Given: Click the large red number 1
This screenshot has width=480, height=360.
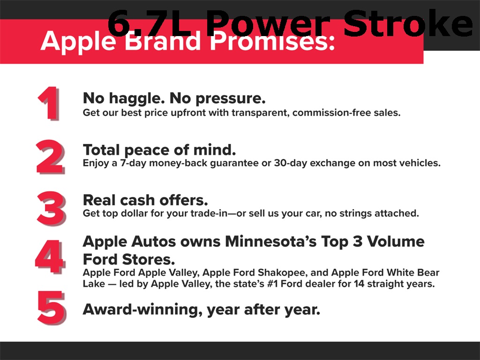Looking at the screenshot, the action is [x=48, y=103].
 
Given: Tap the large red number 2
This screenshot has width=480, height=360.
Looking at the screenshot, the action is [x=50, y=157].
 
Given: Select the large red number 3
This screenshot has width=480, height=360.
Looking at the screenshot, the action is [x=51, y=209].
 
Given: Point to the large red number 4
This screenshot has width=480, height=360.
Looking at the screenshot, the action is [x=50, y=256].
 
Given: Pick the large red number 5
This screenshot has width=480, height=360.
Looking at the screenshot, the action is [x=52, y=307].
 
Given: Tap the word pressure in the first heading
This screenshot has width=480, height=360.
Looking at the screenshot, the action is [x=231, y=98].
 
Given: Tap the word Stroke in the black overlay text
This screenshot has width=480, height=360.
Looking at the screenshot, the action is [x=408, y=23].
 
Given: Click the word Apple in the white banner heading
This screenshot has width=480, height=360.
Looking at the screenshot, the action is [x=78, y=42].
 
